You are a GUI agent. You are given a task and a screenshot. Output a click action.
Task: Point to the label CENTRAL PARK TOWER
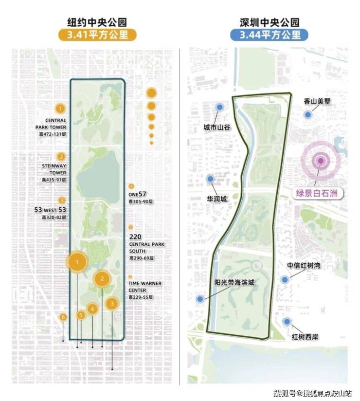(x=51, y=124)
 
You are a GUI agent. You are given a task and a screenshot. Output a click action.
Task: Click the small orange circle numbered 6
(x=63, y=317)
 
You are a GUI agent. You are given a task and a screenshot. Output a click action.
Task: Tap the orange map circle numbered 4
(x=92, y=308)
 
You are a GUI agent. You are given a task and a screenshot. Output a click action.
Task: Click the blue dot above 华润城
(x=211, y=179)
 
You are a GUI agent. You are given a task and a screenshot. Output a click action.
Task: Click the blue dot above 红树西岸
(x=288, y=321)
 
